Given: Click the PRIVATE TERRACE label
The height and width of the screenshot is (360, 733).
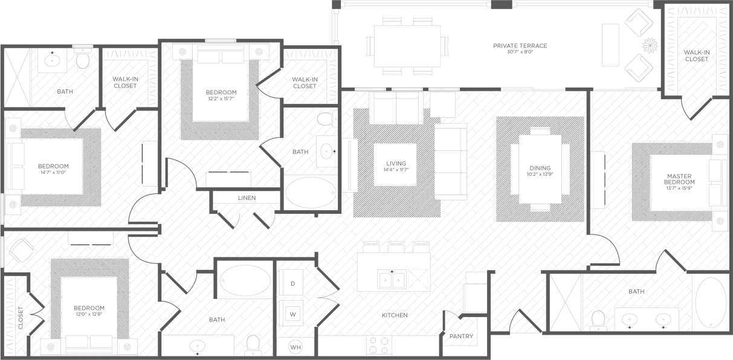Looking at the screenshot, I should pyautogui.click(x=520, y=45).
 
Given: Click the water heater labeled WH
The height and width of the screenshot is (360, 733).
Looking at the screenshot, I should pyautogui.click(x=295, y=347).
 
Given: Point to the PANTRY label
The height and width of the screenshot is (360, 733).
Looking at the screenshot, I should pyautogui.click(x=461, y=336).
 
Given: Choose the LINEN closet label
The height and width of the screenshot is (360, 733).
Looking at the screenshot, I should pyautogui.click(x=247, y=198).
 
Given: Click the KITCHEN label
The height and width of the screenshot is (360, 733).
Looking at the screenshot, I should pyautogui.click(x=395, y=315).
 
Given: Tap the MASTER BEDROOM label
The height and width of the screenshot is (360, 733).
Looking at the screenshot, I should pyautogui.click(x=679, y=179).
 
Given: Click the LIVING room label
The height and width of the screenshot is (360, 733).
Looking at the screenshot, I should pyautogui.click(x=396, y=164).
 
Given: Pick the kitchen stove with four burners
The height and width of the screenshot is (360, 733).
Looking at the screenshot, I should pyautogui.click(x=379, y=345).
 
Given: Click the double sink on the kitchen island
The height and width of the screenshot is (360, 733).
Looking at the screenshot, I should pyautogui.click(x=392, y=280).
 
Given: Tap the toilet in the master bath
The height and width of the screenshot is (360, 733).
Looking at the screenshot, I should pyautogui.click(x=598, y=320).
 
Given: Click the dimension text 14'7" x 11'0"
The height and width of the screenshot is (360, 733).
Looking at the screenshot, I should pyautogui.click(x=53, y=173).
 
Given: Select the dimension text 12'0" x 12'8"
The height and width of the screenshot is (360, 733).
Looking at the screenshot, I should pyautogui.click(x=89, y=314).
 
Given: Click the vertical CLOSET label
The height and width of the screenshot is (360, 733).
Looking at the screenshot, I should pyautogui.click(x=21, y=318).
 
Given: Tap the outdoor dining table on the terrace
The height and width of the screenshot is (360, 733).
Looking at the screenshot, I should pyautogui.click(x=407, y=45).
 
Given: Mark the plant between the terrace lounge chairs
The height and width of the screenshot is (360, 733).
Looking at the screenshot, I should pyautogui.click(x=650, y=45).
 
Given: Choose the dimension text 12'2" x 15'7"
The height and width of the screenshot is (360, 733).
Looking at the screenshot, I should pyautogui.click(x=221, y=98).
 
